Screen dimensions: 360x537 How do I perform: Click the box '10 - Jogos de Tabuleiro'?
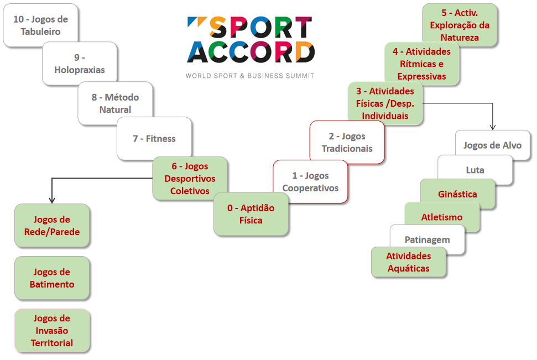click(40, 25)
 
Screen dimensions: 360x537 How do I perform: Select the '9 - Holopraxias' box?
click(80, 64)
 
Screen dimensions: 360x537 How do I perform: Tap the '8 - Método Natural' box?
click(115, 103)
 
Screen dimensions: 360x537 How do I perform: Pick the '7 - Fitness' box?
click(154, 139)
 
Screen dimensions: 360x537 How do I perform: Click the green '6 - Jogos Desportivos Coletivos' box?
click(190, 179)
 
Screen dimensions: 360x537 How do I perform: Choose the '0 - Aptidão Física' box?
click(251, 214)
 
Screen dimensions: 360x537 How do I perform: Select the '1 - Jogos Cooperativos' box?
click(310, 182)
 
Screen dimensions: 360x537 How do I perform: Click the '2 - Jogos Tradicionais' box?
click(347, 143)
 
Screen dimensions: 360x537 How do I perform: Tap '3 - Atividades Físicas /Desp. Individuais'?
click(385, 103)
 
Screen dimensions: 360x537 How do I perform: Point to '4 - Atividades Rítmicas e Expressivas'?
click(422, 64)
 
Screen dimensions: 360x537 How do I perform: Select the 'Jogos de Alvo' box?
click(492, 145)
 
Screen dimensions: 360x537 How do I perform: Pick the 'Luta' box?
click(475, 170)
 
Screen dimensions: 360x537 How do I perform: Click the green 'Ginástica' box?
click(457, 194)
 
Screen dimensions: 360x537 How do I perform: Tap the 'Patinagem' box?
click(427, 239)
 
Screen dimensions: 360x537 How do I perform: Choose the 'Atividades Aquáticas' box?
click(408, 262)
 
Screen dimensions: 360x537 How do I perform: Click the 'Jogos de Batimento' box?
click(52, 278)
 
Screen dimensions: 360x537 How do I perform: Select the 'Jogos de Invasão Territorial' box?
click(52, 331)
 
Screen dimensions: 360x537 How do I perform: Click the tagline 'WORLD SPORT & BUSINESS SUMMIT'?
click(249, 75)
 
